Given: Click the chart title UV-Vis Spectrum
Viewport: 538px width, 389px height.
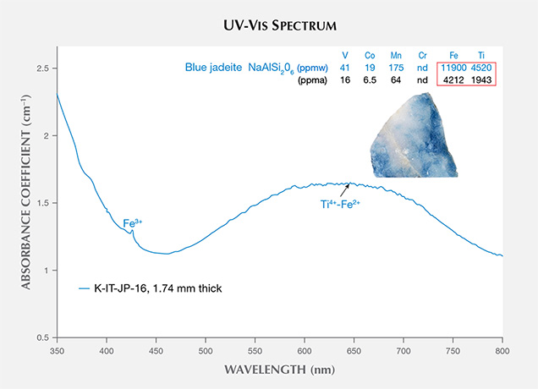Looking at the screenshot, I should pyautogui.click(x=268, y=18).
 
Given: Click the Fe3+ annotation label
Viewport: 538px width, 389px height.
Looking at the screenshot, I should pyautogui.click(x=134, y=223).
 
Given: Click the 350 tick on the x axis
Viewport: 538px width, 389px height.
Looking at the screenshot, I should pyautogui.click(x=57, y=349).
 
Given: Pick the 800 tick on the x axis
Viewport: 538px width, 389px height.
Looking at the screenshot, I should pyautogui.click(x=502, y=349).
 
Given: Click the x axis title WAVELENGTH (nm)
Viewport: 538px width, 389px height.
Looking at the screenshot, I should pyautogui.click(x=279, y=370).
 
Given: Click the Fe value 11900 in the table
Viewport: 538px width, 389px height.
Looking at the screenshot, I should pyautogui.click(x=454, y=68).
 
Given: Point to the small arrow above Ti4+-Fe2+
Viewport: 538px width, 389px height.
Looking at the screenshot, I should pyautogui.click(x=347, y=188).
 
